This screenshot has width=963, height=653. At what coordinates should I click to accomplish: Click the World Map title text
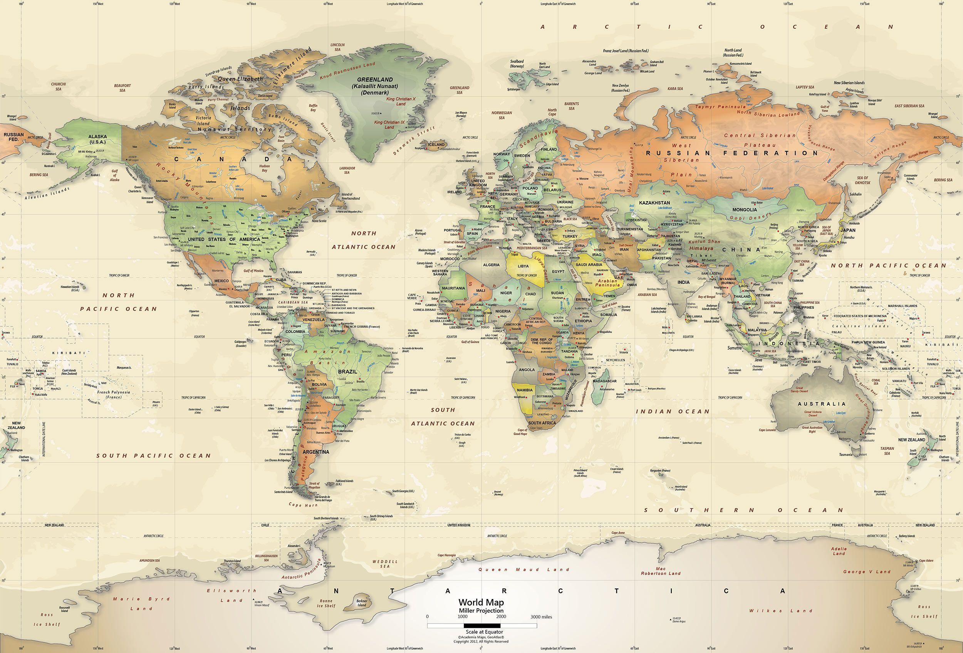click(x=481, y=602)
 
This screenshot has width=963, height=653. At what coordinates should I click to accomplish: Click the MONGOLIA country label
click(x=745, y=210)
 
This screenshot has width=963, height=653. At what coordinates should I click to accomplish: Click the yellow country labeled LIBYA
click(x=523, y=266)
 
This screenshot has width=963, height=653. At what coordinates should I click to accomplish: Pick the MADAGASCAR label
click(x=604, y=381)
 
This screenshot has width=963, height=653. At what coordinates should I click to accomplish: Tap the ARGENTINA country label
click(x=316, y=451)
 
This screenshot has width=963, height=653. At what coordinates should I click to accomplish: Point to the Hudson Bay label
click(x=264, y=168)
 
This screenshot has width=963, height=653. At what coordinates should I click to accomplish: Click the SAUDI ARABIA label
click(x=590, y=264)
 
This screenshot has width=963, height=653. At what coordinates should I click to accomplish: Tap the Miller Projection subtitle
click(x=481, y=610)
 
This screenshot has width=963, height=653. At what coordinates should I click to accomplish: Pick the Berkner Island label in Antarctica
click(x=362, y=602)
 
